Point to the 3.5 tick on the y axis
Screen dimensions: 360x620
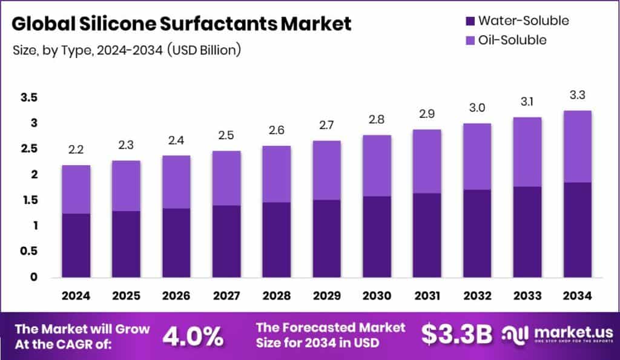29,98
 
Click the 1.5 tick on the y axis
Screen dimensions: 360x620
29,200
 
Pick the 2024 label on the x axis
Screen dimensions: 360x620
76,296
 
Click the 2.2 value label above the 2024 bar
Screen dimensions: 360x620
76,149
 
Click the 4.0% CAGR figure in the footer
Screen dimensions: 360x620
193,336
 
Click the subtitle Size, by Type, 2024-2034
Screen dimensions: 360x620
127,50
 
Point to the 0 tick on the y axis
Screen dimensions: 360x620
34,277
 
